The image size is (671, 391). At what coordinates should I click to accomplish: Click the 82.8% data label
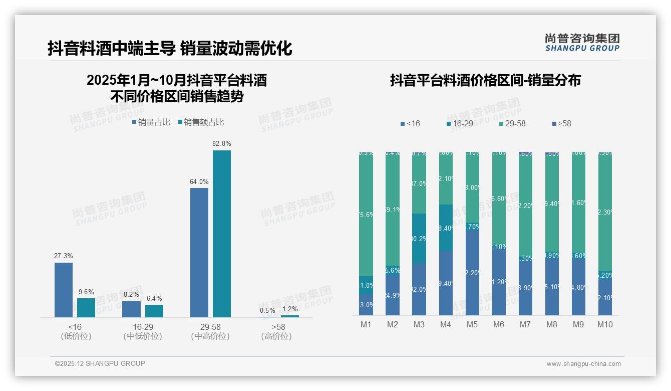[221, 144]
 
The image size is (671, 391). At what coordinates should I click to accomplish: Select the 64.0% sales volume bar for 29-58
[199, 252]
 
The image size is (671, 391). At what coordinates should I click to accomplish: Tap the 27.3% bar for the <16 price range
[64, 290]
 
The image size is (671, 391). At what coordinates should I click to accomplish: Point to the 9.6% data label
[86, 292]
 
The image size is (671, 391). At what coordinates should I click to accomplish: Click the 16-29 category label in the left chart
[143, 327]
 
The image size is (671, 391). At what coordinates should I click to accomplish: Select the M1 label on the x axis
[366, 325]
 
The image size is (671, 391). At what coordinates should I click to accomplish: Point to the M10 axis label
[605, 325]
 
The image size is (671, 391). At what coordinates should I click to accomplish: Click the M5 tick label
[472, 325]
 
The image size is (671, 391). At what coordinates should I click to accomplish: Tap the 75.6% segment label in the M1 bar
[366, 215]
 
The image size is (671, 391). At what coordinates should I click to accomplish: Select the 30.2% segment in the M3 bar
[419, 239]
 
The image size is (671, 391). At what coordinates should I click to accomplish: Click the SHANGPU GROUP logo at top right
[582, 43]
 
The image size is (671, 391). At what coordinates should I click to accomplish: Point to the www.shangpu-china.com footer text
[583, 364]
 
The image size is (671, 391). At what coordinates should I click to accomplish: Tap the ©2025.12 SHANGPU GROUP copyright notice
[100, 363]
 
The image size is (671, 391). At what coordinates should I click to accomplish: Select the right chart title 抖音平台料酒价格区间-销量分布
[485, 81]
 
